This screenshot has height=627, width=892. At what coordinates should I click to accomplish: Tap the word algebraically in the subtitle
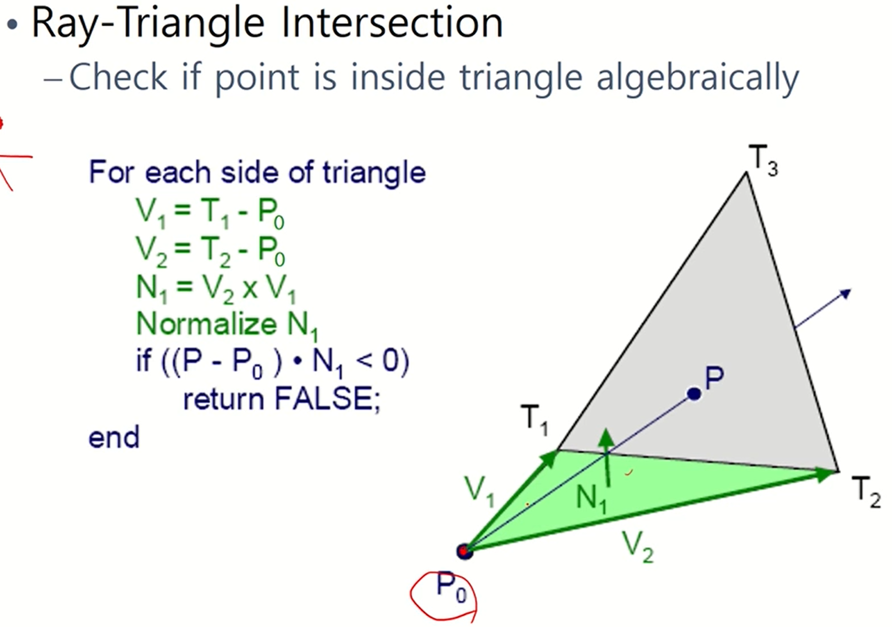coord(697,78)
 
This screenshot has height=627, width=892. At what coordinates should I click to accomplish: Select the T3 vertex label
coord(763,161)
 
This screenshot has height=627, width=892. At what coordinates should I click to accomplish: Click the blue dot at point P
coord(694,394)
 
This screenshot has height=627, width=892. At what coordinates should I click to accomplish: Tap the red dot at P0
coord(464,551)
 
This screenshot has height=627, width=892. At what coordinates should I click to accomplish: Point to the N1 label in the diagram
coord(591,500)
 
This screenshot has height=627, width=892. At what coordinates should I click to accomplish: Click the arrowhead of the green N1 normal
coord(606,437)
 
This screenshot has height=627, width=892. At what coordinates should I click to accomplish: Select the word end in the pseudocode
coord(114,438)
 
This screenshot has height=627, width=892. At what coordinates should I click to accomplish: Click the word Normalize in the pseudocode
coord(206,324)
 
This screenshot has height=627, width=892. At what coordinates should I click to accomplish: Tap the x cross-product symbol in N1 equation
coord(250,289)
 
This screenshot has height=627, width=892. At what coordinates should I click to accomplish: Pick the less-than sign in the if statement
coord(364,361)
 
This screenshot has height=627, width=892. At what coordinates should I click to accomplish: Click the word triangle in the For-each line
coord(374,173)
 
